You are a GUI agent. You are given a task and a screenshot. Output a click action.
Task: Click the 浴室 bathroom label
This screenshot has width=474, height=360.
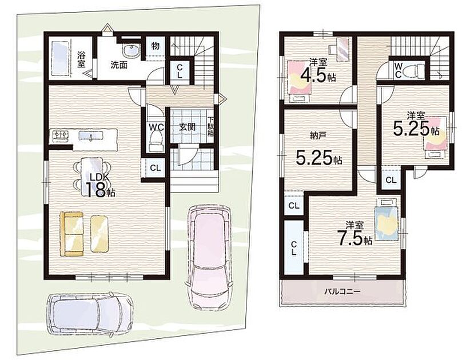(81, 59)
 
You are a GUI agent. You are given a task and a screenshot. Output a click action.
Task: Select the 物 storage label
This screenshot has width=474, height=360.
(155, 46)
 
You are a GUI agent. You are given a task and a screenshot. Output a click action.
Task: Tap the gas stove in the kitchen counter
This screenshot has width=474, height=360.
(61, 135)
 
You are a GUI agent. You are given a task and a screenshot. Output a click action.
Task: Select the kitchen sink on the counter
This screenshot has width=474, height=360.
(91, 135)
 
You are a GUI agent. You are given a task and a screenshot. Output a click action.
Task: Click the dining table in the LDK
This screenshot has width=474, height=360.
(92, 176)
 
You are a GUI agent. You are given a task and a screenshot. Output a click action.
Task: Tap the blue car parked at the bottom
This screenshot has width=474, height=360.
(90, 315)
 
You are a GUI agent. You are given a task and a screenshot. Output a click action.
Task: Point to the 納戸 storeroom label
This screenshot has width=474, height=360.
(317, 135)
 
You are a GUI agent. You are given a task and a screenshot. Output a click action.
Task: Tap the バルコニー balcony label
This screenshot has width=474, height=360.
(342, 292)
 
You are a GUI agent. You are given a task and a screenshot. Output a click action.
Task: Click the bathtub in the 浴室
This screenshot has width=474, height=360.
(60, 59)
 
